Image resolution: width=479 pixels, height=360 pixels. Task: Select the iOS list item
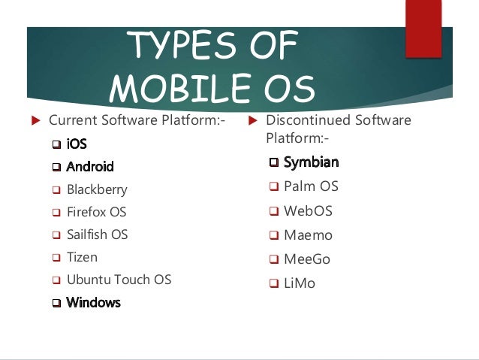tap(77, 144)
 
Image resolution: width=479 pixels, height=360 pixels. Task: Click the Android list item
tap(90, 167)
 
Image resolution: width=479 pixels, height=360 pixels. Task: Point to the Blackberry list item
tap(97, 189)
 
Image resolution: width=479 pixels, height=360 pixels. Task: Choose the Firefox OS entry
tap(96, 212)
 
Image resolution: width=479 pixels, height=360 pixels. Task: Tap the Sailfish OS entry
tap(97, 234)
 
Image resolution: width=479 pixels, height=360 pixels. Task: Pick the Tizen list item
tap(82, 257)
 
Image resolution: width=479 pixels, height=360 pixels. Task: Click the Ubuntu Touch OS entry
tap(119, 280)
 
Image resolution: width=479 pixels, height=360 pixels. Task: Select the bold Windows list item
tap(93, 303)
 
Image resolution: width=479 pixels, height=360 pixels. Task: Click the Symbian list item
tap(311, 162)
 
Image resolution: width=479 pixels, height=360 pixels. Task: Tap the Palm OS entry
tap(311, 186)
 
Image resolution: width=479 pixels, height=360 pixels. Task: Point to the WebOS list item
tap(308, 210)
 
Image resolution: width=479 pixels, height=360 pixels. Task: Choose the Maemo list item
tap(308, 235)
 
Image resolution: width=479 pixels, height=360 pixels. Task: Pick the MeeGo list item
tap(307, 259)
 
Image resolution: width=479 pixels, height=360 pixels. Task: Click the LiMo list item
tap(300, 283)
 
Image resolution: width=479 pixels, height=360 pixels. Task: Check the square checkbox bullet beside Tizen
tap(56, 258)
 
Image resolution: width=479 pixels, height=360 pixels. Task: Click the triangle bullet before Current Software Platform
tap(35, 121)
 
